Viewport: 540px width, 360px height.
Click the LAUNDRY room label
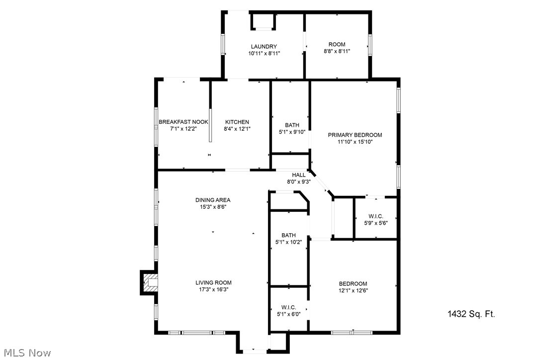coord(264,47)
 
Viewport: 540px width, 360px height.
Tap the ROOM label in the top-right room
coord(337,44)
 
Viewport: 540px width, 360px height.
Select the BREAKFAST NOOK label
coord(183,122)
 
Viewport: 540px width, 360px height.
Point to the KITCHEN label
coord(237,122)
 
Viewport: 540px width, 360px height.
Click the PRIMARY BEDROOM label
coord(355,135)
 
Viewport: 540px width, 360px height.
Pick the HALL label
coord(298,175)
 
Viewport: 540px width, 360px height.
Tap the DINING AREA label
coord(213,200)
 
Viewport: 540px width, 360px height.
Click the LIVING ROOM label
coord(213,282)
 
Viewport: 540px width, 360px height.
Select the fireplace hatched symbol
coord(150,283)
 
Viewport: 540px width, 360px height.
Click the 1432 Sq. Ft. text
coord(471,314)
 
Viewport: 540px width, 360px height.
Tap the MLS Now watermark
coord(26,353)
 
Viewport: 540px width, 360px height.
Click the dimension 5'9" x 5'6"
coord(375,223)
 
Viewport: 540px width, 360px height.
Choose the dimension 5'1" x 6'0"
coord(288,314)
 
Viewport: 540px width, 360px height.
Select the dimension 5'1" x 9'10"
coord(292,132)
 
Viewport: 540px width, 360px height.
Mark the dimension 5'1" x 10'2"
coord(288,242)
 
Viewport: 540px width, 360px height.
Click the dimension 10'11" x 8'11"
coord(264,53)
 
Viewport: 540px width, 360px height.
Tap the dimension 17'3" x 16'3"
coord(213,289)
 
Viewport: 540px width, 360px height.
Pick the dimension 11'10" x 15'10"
coord(355,142)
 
